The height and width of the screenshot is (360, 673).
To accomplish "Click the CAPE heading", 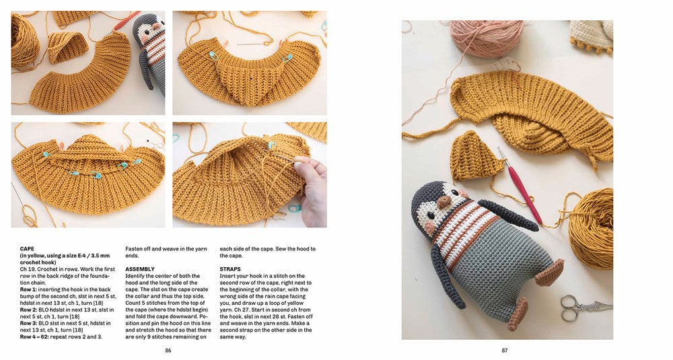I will click(x=27, y=248).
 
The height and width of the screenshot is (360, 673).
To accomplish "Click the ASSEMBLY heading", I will click(x=140, y=268).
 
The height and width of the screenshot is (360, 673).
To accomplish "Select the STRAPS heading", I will click(x=232, y=268).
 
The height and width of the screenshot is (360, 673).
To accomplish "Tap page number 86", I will click(x=168, y=350).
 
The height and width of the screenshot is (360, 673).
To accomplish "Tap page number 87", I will click(x=505, y=350).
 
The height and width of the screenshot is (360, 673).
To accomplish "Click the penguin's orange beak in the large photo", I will click(x=444, y=201).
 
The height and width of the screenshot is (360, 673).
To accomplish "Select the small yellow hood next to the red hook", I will click(x=476, y=156).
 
